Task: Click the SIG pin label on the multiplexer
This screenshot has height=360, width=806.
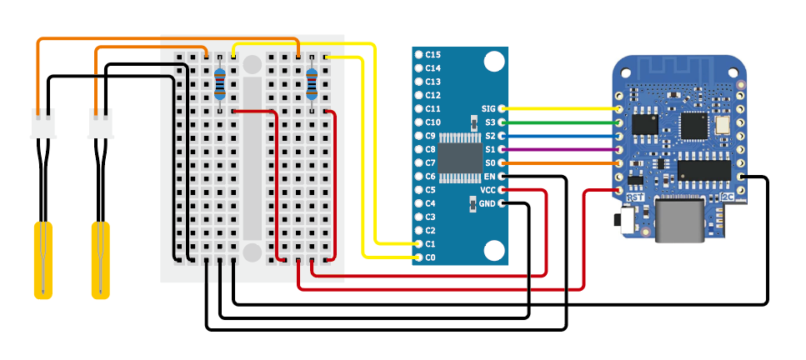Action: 488,109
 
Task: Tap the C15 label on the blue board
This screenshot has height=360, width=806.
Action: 432,54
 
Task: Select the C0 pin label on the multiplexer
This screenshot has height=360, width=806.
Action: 430,257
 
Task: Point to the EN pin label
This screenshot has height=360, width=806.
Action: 489,177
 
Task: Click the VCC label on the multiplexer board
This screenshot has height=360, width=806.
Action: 488,190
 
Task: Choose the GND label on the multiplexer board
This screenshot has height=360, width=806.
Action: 488,203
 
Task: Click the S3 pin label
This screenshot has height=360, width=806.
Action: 490,122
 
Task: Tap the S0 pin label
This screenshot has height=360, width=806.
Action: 490,163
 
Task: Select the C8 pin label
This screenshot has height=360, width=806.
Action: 430,149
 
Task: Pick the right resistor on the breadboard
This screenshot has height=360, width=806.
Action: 313,83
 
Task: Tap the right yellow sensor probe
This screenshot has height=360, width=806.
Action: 101,258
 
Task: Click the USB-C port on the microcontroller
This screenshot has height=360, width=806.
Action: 678,221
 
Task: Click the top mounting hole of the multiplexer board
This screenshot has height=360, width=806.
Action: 493,62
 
